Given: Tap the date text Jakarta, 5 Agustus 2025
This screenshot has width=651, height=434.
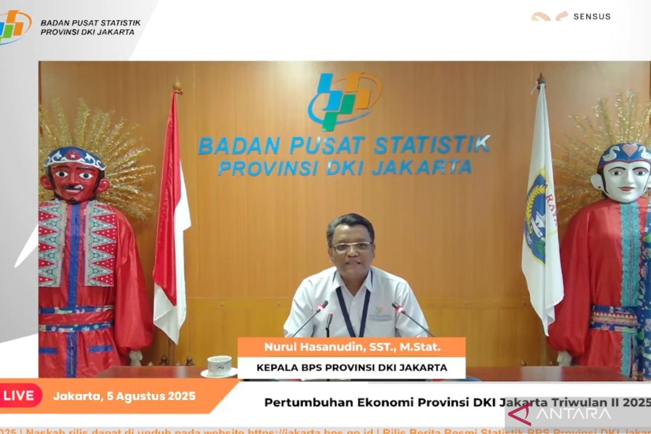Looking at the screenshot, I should (124, 396).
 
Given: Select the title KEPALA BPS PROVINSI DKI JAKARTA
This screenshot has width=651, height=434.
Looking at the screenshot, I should (352, 368).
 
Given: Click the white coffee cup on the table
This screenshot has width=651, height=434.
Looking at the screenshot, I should (220, 366).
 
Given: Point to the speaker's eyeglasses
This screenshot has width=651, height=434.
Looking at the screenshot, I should (350, 247).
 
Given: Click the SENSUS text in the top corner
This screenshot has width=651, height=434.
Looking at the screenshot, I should (592, 16).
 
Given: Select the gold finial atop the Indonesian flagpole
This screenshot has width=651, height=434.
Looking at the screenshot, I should (177, 87).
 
